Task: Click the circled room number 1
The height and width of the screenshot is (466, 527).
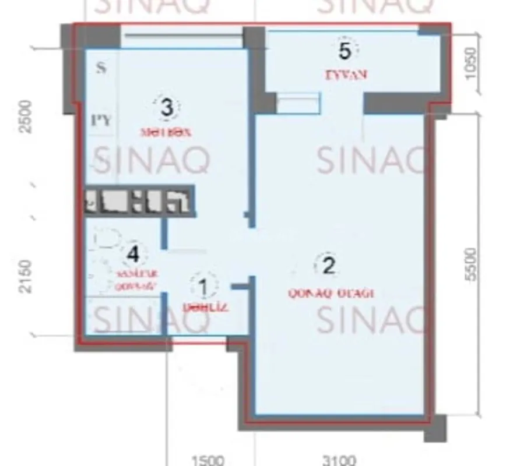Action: pos(203,287)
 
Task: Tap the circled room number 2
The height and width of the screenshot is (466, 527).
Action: pos(328,266)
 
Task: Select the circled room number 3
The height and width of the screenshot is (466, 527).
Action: pos(167,108)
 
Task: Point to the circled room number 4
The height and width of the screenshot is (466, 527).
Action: pos(133,254)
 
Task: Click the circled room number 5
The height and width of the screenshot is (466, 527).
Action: pos(345,51)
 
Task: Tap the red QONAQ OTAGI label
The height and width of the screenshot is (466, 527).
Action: pos(331,294)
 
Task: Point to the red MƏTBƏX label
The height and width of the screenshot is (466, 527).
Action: pos(167,132)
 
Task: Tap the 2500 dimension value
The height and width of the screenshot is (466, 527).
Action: pos(26,116)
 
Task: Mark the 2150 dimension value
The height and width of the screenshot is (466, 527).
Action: pos(26,276)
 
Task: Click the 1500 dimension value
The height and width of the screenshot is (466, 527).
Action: pos(207,461)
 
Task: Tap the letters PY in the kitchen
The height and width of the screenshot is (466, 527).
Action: pos(101,120)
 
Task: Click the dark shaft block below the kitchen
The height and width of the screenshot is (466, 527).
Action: pos(139,201)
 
